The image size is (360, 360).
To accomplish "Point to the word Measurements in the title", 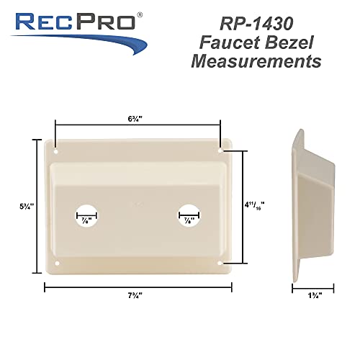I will (256, 62).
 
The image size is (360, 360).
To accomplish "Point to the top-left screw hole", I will (55, 152).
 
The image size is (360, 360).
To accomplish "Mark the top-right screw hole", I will (220, 152).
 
